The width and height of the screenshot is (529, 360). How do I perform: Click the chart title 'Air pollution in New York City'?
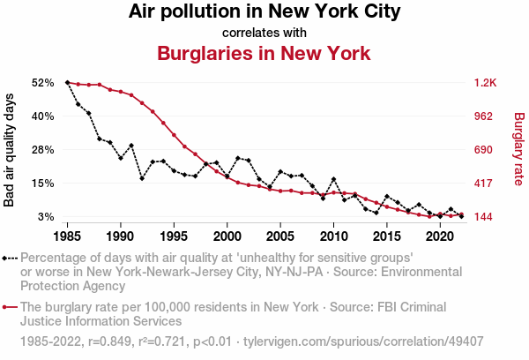pos(264,12)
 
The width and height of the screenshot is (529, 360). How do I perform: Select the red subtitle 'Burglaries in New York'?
pos(264,53)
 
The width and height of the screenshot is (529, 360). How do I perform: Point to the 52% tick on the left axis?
pos(43,82)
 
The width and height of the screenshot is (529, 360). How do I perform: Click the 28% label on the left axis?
pos(43,149)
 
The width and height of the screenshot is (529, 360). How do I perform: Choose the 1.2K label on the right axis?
pos(486,82)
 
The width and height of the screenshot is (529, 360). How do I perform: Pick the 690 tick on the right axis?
pos(485,149)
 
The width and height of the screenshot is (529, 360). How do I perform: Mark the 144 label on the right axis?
pos(485,216)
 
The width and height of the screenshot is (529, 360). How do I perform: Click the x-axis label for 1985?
pos(68,236)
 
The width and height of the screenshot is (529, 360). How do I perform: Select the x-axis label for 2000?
pos(227,236)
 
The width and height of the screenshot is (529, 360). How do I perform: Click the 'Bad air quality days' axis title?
pos(11,149)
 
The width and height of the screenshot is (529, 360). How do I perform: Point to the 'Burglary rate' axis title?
pos(518,149)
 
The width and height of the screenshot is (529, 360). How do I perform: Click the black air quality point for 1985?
pos(68,82)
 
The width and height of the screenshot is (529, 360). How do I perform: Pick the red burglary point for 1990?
pos(121,92)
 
